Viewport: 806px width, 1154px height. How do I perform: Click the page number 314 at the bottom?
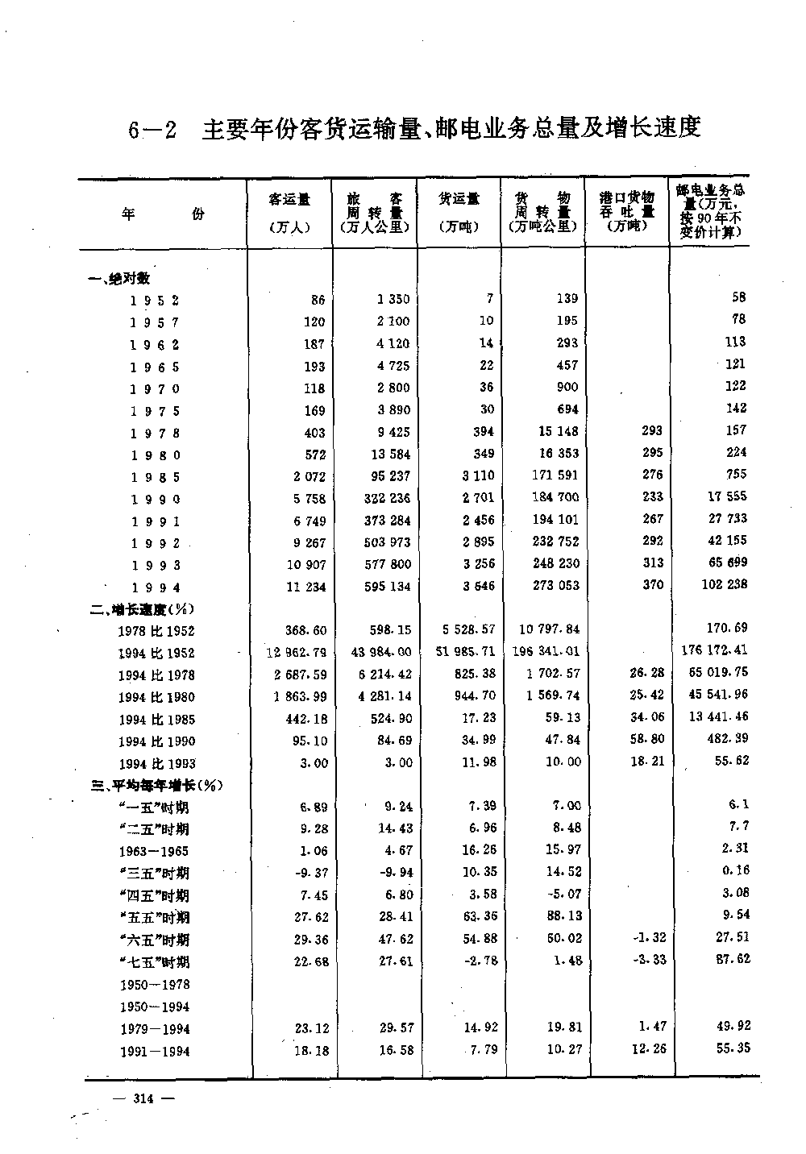[145, 1097]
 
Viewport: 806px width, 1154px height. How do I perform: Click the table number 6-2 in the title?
[152, 130]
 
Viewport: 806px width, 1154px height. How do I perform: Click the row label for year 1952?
[154, 301]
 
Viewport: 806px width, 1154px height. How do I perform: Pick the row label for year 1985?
[154, 477]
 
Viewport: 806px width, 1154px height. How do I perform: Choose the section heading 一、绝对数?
[120, 279]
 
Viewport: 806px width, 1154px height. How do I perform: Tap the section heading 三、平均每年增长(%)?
[156, 785]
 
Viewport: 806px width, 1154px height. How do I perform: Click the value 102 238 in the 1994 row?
[724, 584]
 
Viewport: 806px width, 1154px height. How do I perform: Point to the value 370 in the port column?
[652, 585]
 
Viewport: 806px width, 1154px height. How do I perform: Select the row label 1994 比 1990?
[156, 741]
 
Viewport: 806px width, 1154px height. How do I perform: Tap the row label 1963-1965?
[154, 851]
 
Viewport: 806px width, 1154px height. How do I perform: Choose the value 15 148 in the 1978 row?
[558, 432]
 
